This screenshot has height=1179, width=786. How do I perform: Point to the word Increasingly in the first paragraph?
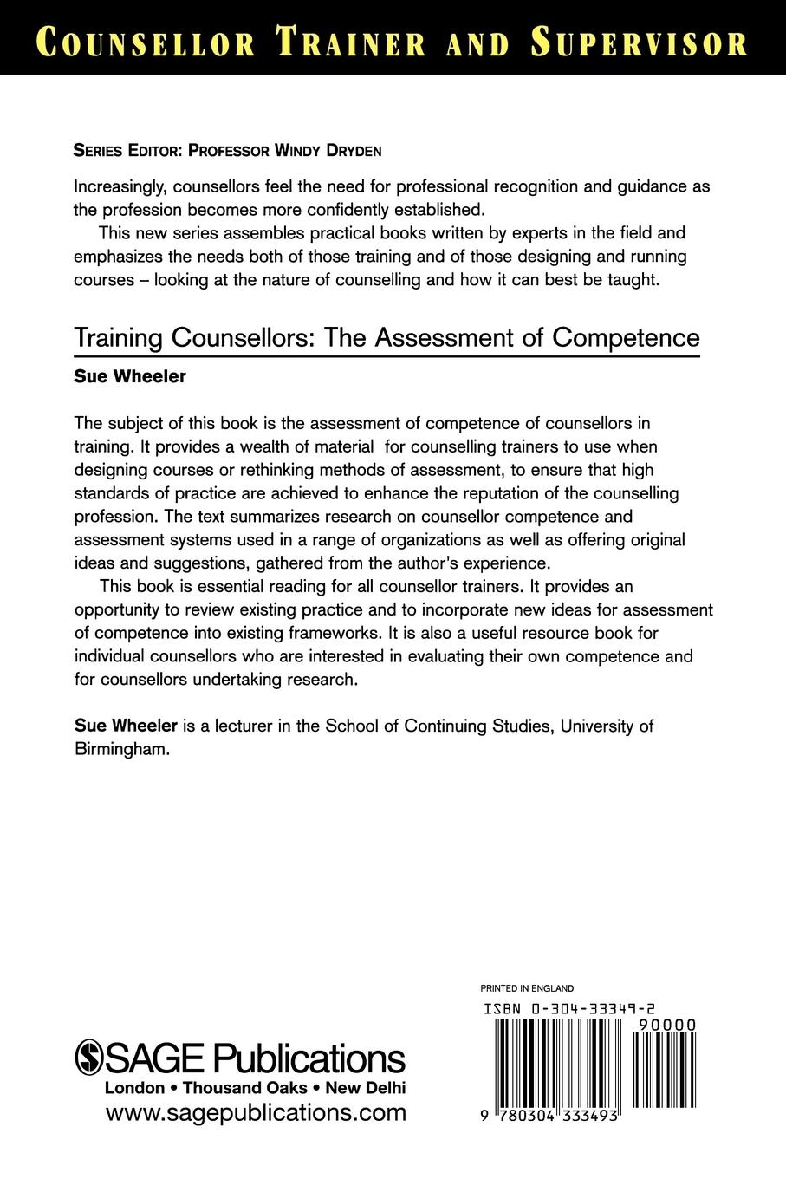pos(122,186)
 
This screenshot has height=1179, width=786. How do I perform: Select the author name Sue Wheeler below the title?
pos(130,377)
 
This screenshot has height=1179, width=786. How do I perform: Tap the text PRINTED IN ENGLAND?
pos(527,987)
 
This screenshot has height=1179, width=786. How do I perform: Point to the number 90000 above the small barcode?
pos(666,1024)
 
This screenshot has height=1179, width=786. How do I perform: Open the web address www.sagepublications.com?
pos(255,1112)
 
